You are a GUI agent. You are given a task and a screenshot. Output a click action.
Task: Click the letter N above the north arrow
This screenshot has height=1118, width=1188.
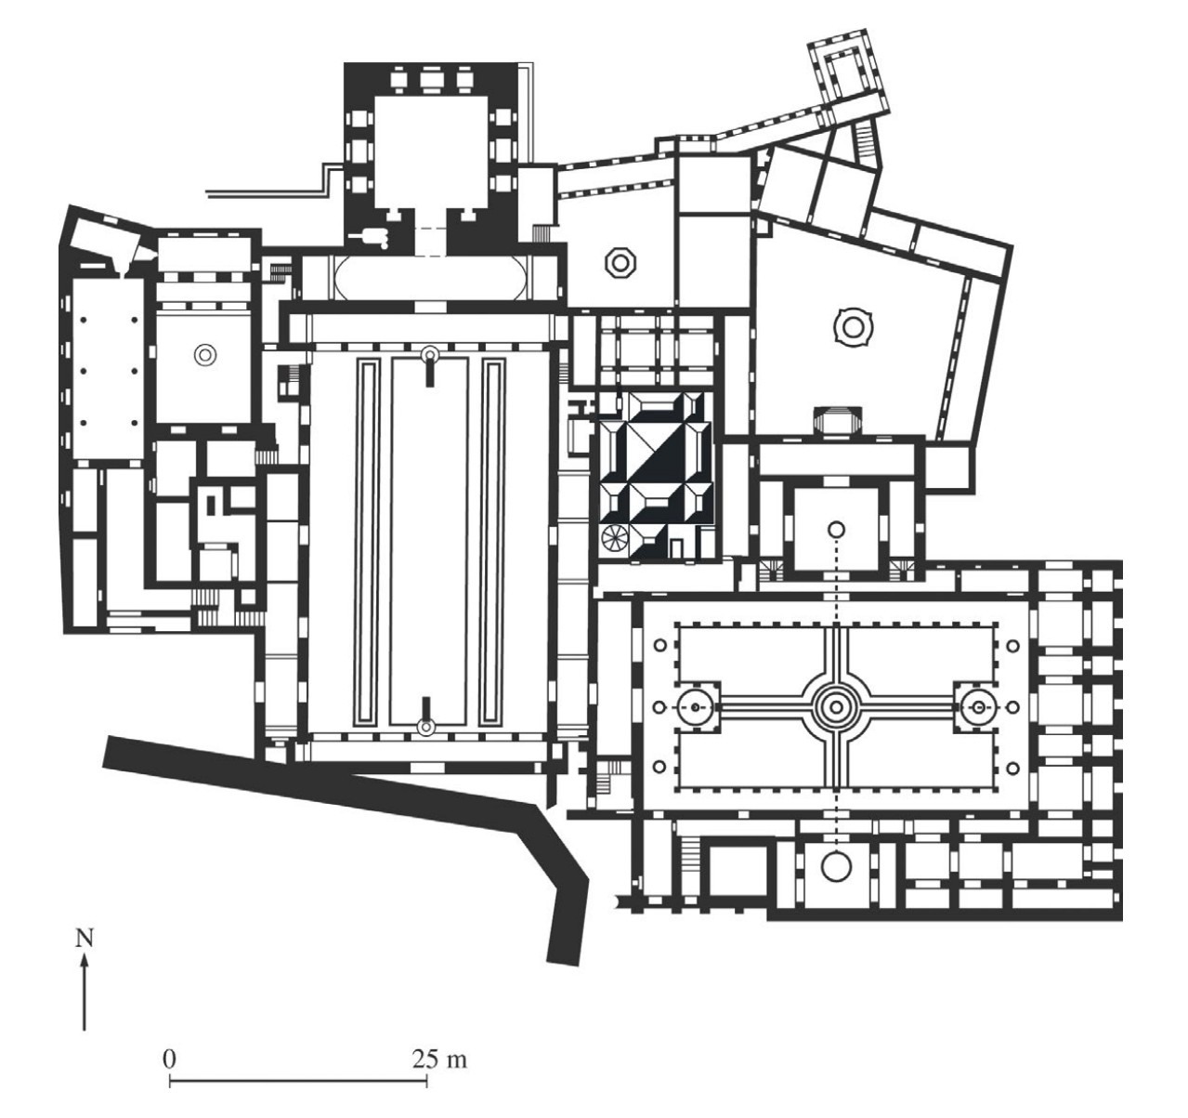pyautogui.click(x=85, y=939)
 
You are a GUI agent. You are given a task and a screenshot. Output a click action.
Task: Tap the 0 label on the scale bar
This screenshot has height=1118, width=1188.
pyautogui.click(x=169, y=1059)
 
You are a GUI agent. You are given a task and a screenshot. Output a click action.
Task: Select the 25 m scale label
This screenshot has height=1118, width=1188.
pyautogui.click(x=439, y=1059)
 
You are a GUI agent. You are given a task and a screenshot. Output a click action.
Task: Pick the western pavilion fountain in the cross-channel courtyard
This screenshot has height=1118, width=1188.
pyautogui.click(x=695, y=707)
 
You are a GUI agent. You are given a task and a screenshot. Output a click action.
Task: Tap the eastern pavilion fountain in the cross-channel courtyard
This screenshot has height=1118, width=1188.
pyautogui.click(x=979, y=707)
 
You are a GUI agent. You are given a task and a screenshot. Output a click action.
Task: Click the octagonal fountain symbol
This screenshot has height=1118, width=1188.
pyautogui.click(x=620, y=263)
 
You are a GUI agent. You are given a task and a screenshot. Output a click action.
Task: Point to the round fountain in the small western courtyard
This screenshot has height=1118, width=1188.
pyautogui.click(x=204, y=354)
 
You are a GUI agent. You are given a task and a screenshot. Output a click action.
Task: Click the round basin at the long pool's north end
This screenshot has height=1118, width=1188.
pyautogui.click(x=429, y=355)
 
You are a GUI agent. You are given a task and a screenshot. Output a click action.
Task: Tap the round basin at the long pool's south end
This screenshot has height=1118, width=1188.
pyautogui.click(x=426, y=727)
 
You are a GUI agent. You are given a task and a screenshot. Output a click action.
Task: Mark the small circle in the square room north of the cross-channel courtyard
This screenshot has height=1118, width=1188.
pyautogui.click(x=836, y=529)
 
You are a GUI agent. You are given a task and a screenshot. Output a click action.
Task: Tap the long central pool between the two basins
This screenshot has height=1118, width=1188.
pyautogui.click(x=427, y=542)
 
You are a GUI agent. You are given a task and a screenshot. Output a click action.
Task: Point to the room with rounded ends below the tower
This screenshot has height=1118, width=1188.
pyautogui.click(x=432, y=277)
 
